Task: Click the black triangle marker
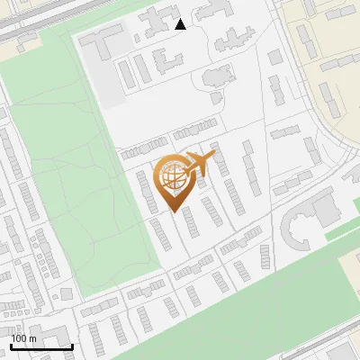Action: click(180, 24)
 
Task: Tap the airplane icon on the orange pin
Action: click(200, 162)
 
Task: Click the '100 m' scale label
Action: click(23, 338)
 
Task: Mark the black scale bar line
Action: click(41, 346)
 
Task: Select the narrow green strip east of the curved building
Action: click(342, 230)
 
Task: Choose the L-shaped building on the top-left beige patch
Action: click(27, 7)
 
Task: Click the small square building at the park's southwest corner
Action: click(68, 292)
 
